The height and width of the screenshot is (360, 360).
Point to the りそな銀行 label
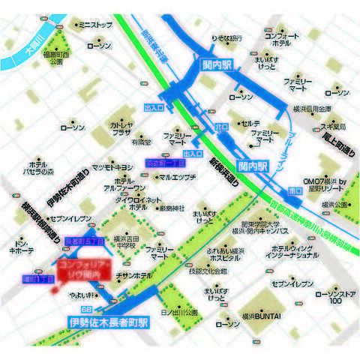click(x=225, y=37)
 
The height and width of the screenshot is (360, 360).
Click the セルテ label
click(x=250, y=123)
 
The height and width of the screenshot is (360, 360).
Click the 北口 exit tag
click(x=221, y=126)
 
